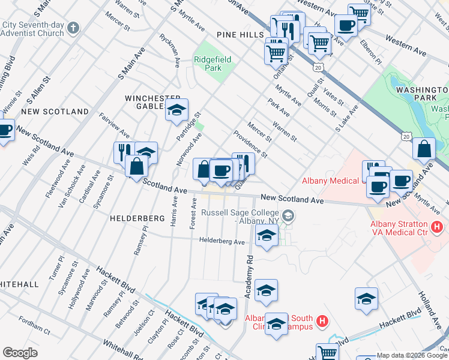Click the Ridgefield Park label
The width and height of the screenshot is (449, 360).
[208, 64]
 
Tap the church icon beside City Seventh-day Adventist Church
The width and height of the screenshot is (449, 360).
[73, 28]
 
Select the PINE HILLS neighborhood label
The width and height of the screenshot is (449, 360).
[241, 35]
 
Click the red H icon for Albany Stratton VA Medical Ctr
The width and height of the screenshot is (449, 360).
[437, 227]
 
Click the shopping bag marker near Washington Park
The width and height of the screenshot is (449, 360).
[424, 150]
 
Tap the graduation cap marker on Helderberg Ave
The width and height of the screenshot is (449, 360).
[267, 236]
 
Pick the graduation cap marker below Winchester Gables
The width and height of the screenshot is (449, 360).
[176, 110]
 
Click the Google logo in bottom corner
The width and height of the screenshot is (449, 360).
[19, 353]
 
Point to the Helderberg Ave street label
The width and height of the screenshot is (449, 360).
[223, 242]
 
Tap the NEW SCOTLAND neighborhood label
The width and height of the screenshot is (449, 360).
[55, 112]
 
